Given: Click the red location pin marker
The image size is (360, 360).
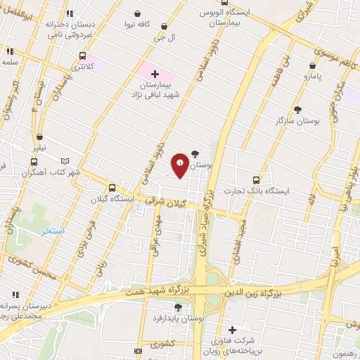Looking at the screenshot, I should (181, 165).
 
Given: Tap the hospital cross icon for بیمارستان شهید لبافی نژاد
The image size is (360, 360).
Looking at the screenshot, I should (155, 73).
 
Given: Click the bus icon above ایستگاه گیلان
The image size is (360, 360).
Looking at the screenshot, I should (112, 187).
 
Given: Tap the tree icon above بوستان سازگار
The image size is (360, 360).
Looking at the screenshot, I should (297, 110).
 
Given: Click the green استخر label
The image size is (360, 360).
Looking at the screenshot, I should (53, 231).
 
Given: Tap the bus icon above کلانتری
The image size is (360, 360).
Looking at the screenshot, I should (83, 56).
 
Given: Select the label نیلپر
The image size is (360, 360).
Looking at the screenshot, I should (40, 148).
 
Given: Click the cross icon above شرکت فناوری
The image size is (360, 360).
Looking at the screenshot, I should (233, 329).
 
